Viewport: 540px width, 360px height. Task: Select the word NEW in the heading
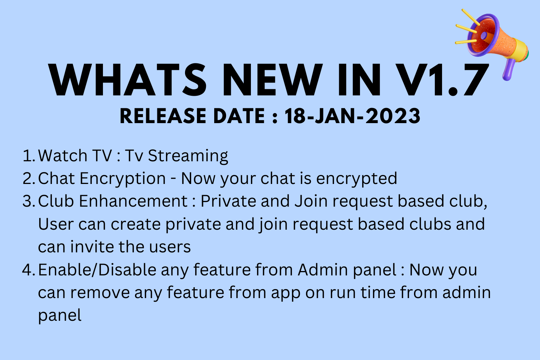pos(273,80)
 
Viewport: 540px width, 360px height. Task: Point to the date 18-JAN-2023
pos(352,116)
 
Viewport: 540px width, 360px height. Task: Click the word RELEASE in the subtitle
pos(163,116)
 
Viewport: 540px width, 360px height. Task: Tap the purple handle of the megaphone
pos(509,69)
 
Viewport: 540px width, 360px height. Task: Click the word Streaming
pos(188,156)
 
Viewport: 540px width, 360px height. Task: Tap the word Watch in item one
pos(63,155)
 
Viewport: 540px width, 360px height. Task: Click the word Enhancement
pos(133,201)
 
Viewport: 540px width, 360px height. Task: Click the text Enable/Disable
pos(97,270)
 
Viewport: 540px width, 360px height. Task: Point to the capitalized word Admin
pos(323,270)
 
